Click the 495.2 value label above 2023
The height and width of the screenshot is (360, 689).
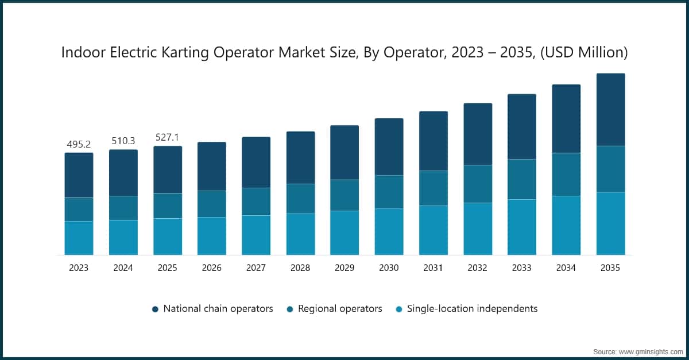click(79, 144)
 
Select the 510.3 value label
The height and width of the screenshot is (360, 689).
click(123, 141)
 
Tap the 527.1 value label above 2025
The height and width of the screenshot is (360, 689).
click(167, 138)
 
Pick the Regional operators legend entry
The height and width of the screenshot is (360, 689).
click(340, 309)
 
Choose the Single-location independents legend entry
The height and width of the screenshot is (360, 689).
click(472, 309)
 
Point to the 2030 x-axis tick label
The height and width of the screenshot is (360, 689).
click(389, 268)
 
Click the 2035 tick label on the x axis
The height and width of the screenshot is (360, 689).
click(610, 268)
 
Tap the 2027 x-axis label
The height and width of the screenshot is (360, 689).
click(256, 268)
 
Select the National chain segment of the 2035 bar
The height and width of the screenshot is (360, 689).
click(610, 110)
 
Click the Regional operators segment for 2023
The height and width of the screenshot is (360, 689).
click(79, 210)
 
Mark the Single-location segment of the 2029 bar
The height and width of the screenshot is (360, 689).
click(344, 233)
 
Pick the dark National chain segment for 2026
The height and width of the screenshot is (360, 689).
click(212, 167)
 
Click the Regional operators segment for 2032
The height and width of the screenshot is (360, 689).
click(478, 184)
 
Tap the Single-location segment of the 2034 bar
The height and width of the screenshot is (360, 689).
click(566, 225)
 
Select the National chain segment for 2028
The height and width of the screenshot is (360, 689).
click(300, 158)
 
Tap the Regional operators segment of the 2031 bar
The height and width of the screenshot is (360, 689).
click(433, 188)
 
